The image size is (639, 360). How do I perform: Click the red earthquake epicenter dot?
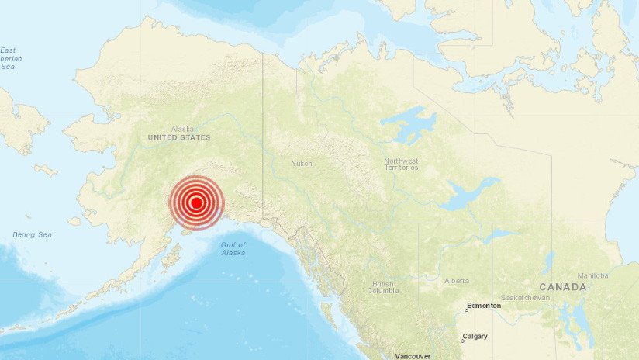pos(196,203)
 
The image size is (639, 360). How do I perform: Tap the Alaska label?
pos(182,129)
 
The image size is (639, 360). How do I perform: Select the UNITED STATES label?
pos(179,137)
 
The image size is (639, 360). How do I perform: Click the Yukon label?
pos(302,164)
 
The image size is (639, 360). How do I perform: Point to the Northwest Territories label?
pos(401,164)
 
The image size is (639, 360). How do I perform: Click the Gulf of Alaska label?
pos(233,248)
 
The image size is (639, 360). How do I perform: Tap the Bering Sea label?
pos(32,234)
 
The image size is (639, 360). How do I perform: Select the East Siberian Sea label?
pos(9,58)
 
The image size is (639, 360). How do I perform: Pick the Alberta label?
pos(457,280)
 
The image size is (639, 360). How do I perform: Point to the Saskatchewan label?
pos(525,298)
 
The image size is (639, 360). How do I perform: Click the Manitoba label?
pos(592,275)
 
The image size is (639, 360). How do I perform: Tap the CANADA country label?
pos(562,287)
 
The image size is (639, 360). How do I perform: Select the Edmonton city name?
pos(484,306)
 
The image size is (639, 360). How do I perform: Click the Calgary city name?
pos(475,337)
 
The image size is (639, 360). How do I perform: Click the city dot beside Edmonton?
pos(466,310)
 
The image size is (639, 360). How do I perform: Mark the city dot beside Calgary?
pos(461,341)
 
